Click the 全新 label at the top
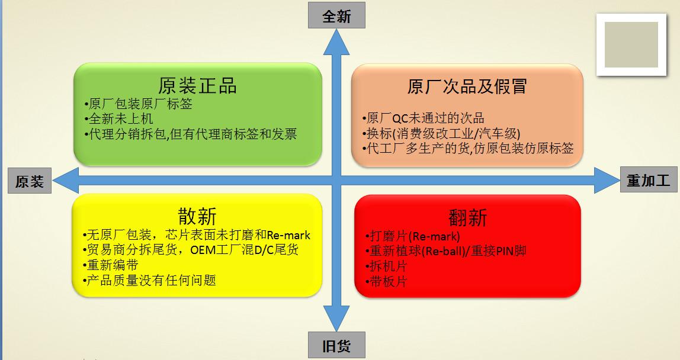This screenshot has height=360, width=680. click(x=336, y=16)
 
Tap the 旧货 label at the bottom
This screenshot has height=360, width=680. click(x=336, y=346)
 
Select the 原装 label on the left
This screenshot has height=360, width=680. click(x=30, y=181)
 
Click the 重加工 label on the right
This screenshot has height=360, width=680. click(x=649, y=180)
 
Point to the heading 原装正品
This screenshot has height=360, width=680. click(x=198, y=85)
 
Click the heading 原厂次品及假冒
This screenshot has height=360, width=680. click(x=467, y=86)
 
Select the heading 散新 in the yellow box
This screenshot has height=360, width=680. click(x=197, y=215)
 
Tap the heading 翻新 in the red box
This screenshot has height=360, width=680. click(x=467, y=217)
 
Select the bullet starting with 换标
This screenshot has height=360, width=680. click(x=444, y=133)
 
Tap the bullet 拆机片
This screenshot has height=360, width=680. click(x=387, y=266)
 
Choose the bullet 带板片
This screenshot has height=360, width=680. click(x=387, y=281)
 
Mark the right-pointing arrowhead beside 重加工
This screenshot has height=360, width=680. click(x=605, y=180)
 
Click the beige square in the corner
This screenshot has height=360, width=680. click(x=631, y=45)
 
